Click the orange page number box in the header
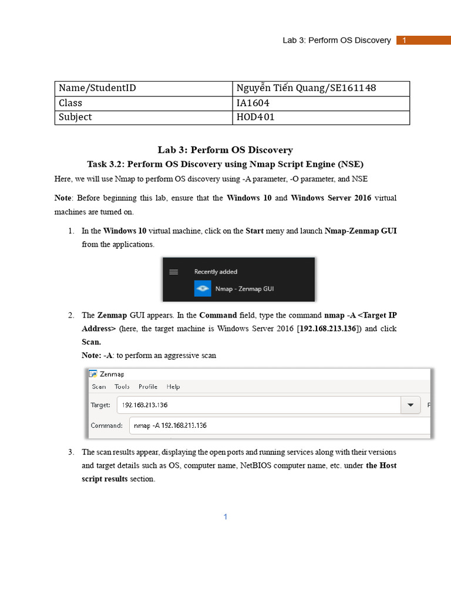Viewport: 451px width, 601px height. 423,40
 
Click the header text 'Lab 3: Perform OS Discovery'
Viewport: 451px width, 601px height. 336,40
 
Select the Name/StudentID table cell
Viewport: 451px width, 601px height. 143,88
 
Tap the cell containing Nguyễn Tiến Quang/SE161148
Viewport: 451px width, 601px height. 321,88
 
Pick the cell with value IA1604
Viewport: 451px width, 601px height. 321,103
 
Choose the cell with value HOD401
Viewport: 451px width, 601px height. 321,117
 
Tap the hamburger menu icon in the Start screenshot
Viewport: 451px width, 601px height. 173,272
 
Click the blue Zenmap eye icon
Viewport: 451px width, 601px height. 203,288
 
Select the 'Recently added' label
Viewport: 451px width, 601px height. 216,272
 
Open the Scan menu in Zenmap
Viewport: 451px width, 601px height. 99,387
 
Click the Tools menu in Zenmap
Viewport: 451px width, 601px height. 122,387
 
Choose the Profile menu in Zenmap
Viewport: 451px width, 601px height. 148,387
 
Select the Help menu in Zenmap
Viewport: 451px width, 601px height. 173,387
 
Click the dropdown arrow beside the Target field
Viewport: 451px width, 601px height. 410,405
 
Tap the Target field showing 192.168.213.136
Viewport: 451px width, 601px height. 258,405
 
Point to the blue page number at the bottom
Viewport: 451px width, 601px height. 225,516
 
